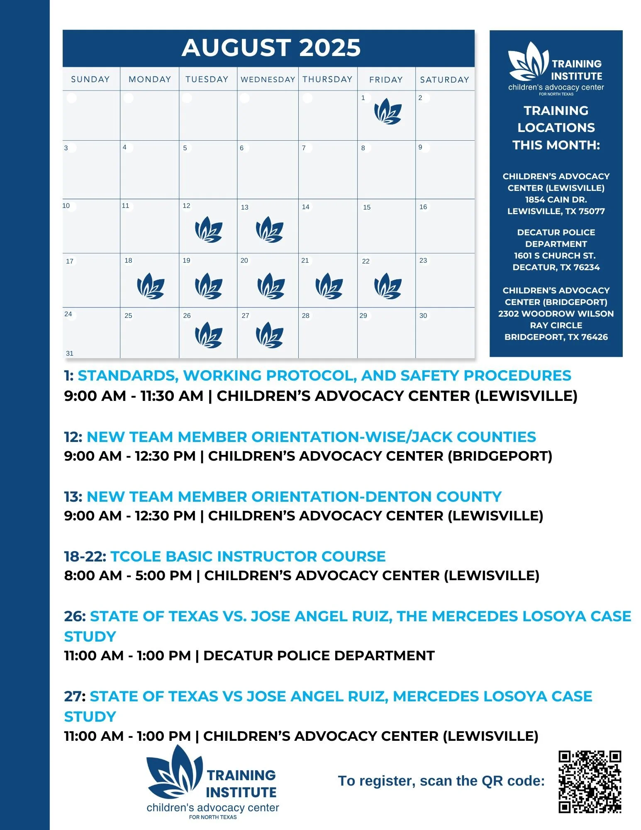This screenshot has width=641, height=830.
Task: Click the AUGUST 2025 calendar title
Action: click(271, 48)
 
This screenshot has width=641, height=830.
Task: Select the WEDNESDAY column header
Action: click(268, 79)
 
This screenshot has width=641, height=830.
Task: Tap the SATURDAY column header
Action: click(444, 79)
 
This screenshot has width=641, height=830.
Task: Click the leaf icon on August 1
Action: click(388, 111)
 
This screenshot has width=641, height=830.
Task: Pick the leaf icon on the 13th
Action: click(269, 229)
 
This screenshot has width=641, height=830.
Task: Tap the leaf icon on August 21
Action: click(329, 286)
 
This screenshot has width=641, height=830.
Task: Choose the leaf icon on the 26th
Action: click(208, 335)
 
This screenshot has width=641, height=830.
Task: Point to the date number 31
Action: click(70, 353)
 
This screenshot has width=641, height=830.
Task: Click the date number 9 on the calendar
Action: click(420, 147)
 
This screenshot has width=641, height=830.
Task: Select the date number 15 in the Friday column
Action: click(367, 207)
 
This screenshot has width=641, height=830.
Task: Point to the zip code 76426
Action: click(594, 337)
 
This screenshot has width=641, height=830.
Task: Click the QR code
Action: click(589, 781)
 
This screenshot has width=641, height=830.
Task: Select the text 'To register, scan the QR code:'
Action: click(441, 781)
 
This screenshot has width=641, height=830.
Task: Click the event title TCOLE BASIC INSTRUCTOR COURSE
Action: click(248, 556)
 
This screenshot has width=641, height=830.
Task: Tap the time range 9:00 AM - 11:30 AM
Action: click(134, 396)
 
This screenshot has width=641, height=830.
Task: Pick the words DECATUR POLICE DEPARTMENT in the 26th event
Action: click(319, 656)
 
